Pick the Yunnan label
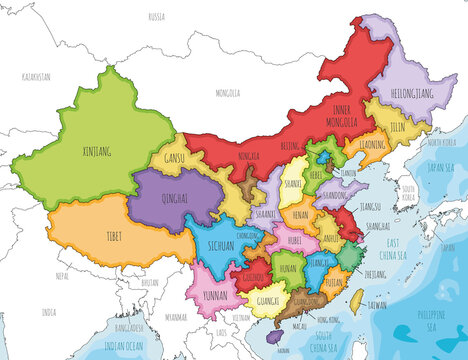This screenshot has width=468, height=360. click(x=214, y=296)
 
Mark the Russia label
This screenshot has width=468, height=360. click(x=156, y=17)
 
